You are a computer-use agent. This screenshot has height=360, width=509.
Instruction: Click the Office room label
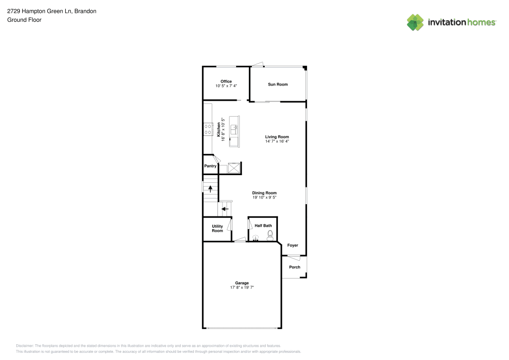coord(226,81)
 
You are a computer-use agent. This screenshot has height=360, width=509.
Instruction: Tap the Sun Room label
coord(278,84)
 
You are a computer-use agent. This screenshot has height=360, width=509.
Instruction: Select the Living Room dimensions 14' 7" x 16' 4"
coord(277,141)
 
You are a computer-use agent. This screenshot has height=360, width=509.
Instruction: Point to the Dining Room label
coord(264,193)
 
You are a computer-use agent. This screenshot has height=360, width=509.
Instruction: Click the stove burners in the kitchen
coord(208,129)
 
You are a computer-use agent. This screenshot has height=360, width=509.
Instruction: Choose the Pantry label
coord(210,166)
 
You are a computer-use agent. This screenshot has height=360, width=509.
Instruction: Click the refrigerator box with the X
coord(234,167)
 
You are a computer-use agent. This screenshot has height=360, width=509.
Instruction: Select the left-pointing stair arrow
coord(224,209)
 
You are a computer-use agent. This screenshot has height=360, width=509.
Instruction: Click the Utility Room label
coord(217,229)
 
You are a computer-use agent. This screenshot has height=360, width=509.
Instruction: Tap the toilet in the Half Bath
coord(270,235)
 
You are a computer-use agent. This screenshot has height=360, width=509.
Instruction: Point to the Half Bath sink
coord(256,237)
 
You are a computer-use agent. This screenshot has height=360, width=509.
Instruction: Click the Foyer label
coord(293,245)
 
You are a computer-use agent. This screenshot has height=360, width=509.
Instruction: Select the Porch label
coord(295,267)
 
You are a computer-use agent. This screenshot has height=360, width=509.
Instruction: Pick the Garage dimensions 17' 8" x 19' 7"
coord(242,288)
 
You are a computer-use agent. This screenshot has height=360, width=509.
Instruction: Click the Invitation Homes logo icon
coord(415,22)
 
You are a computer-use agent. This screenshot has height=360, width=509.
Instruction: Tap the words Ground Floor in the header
coord(24,20)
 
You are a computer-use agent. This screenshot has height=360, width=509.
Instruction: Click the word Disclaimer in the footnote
coord(25,345)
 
